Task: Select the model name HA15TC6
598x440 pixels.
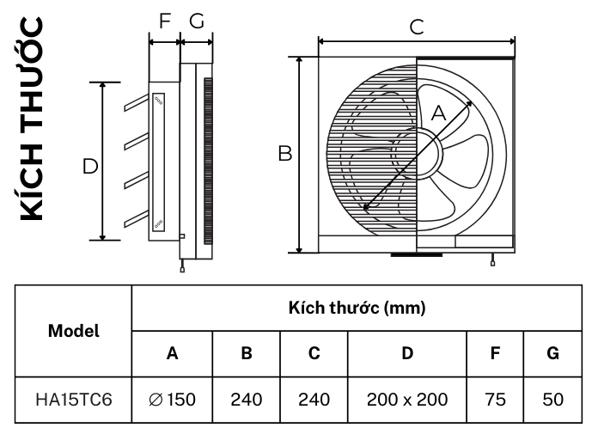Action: point(73,400)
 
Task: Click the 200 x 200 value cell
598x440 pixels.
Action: point(407,400)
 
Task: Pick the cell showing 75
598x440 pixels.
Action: point(495,400)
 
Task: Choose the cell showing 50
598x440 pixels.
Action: point(552,400)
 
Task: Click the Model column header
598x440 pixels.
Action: point(73,330)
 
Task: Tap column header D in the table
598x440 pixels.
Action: point(407,353)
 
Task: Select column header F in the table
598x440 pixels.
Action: point(495,353)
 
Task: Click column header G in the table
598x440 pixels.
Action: point(552,353)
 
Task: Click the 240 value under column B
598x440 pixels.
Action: point(247,400)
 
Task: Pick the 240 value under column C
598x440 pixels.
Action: point(314,400)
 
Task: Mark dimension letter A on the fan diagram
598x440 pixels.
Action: point(438,113)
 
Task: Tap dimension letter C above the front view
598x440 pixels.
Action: point(417,27)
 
